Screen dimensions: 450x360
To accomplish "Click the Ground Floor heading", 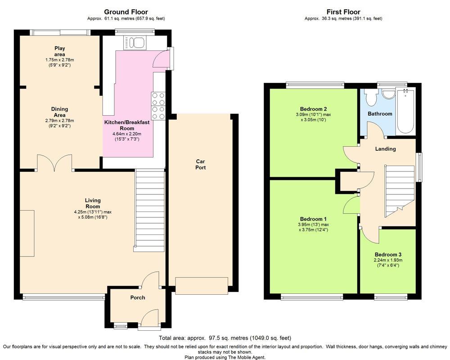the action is click(126, 12).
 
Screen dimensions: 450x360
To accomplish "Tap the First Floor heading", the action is click(343, 12).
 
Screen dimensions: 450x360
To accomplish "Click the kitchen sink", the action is click(135, 42).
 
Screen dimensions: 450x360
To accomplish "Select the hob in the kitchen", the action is click(158, 106).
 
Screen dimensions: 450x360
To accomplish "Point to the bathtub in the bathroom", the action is click(405, 111).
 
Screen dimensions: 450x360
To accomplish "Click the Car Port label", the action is click(200, 165).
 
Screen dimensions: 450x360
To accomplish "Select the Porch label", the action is click(138, 298).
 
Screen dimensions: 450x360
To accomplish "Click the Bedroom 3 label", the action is click(388, 255).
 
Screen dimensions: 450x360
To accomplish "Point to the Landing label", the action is click(386, 148).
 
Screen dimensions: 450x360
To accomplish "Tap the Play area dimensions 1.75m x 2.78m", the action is click(60, 60).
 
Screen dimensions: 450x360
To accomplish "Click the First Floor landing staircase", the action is click(400, 191).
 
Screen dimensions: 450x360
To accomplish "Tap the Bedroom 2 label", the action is click(313, 109).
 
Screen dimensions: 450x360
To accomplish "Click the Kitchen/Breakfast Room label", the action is click(127, 126).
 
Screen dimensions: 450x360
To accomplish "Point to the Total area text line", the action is click(225, 338).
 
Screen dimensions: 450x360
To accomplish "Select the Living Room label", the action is click(93, 203).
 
